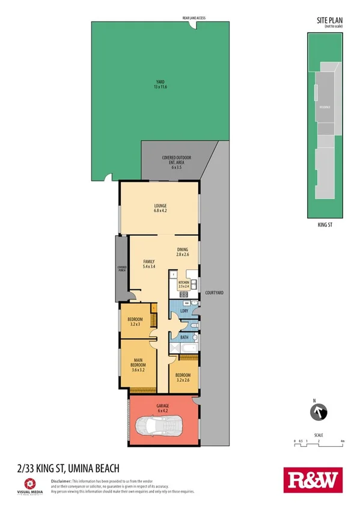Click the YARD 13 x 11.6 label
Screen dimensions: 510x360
click(x=160, y=85)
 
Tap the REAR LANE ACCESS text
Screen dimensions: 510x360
click(x=194, y=19)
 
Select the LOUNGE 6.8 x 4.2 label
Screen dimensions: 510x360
click(x=160, y=209)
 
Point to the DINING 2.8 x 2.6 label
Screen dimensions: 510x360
click(x=183, y=253)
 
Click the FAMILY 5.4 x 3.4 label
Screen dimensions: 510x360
click(x=148, y=263)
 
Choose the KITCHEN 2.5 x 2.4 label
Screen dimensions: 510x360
click(x=184, y=284)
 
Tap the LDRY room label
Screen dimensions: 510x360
click(x=184, y=310)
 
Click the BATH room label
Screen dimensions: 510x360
click(x=185, y=337)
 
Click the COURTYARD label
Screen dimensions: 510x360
click(x=214, y=292)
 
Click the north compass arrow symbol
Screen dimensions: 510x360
click(x=318, y=413)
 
